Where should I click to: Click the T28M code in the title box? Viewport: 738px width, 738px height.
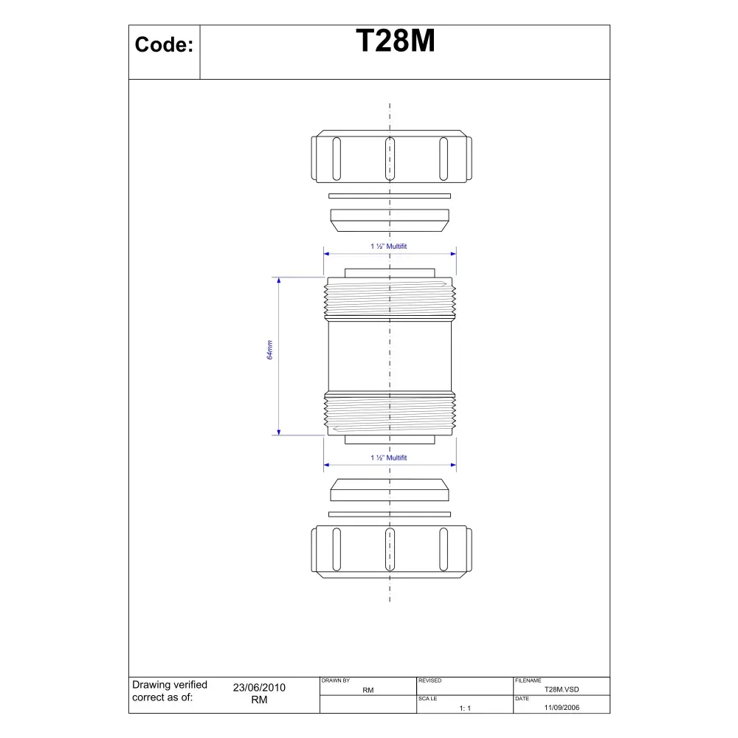pyautogui.click(x=396, y=41)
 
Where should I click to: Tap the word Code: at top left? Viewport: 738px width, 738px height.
pyautogui.click(x=164, y=45)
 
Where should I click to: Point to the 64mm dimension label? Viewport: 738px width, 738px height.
pyautogui.click(x=269, y=350)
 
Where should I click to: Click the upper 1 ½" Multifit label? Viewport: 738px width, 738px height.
pyautogui.click(x=389, y=246)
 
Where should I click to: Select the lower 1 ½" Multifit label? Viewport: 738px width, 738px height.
pyautogui.click(x=389, y=458)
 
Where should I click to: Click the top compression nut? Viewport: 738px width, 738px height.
pyautogui.click(x=392, y=156)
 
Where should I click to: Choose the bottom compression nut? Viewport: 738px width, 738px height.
pyautogui.click(x=392, y=551)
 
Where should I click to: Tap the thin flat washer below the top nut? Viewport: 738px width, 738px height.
pyautogui.click(x=390, y=196)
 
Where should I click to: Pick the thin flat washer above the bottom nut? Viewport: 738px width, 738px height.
pyautogui.click(x=390, y=514)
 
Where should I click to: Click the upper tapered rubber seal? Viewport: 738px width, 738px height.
pyautogui.click(x=390, y=220)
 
